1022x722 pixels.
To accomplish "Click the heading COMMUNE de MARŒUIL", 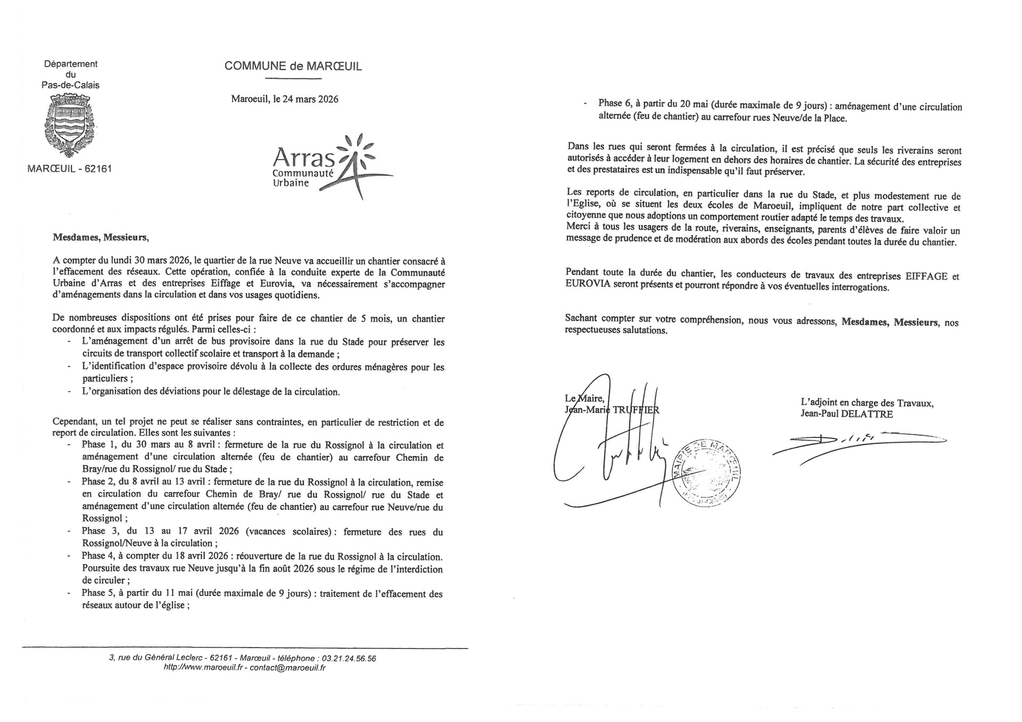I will (293, 66).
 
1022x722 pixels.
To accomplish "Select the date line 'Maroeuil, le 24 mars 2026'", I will (285, 99).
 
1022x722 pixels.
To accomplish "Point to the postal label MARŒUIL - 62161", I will (70, 169).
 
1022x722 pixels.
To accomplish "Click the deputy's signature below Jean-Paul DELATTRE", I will (857, 442).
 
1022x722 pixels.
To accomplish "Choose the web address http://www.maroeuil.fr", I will (204, 668).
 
